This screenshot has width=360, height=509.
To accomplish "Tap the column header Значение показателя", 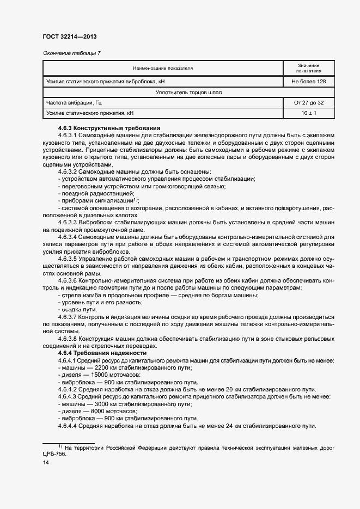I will [308, 68].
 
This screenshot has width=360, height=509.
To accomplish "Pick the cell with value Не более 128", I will [308, 82].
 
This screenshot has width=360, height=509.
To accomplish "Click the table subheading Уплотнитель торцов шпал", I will [188, 92].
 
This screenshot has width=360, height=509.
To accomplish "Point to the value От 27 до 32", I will [308, 102].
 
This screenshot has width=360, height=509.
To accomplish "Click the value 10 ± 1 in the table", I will [308, 113].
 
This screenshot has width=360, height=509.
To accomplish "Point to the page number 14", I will [46, 463].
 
